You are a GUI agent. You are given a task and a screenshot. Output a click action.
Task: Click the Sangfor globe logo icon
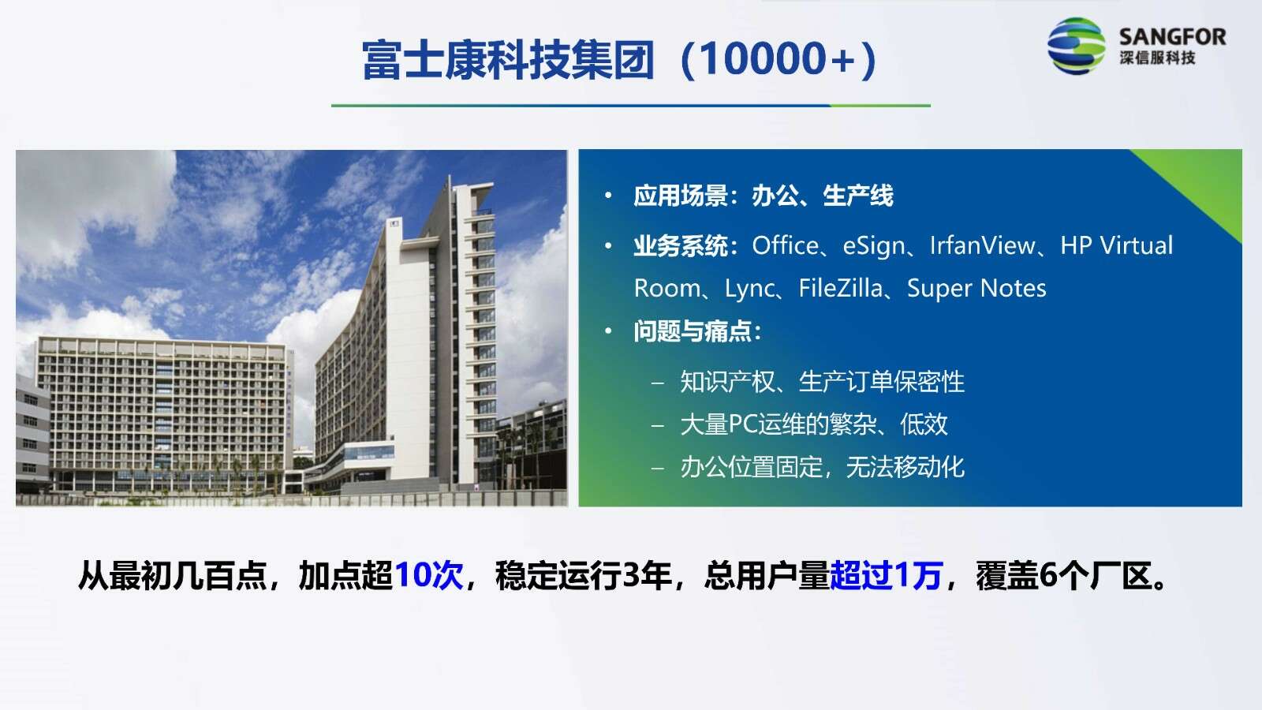coord(1076,46)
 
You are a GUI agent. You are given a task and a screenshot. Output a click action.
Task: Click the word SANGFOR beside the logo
coord(1172,37)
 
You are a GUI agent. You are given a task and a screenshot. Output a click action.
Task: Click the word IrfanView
coord(982,245)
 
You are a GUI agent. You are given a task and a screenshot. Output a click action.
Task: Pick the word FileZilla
coord(841,288)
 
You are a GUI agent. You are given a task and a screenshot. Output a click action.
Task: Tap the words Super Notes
coord(976,289)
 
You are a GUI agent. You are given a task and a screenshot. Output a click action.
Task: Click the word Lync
coord(749,289)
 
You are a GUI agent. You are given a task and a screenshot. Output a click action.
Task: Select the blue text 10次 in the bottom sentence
coord(429,575)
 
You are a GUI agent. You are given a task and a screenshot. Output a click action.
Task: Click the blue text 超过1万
coord(887,575)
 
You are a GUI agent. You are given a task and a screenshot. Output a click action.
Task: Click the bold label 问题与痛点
coord(693,331)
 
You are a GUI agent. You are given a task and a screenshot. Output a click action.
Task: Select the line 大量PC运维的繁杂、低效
coord(814,424)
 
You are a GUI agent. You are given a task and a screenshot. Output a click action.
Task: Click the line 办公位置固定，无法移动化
coord(823,467)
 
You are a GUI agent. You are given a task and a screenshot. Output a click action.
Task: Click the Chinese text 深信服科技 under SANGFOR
coord(1157,58)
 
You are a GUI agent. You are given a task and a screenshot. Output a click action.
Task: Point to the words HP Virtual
coord(1117,245)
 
